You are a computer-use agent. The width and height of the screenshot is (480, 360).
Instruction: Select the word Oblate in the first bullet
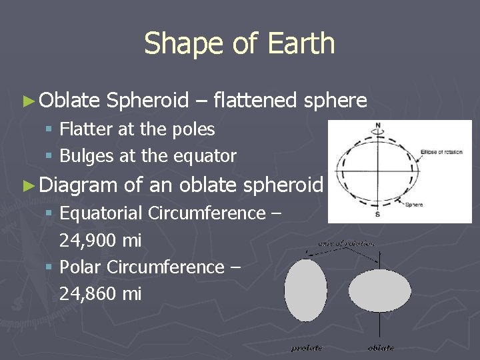pyautogui.click(x=69, y=101)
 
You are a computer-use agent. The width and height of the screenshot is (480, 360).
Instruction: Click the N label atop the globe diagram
pyautogui.click(x=378, y=125)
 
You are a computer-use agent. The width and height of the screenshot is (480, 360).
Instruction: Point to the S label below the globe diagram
pyautogui.click(x=378, y=214)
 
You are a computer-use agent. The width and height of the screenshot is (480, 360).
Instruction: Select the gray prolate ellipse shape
pyautogui.click(x=305, y=291)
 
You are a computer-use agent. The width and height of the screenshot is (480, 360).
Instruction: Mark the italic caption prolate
pyautogui.click(x=307, y=347)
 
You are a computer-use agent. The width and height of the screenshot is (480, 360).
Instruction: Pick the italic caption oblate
pyautogui.click(x=381, y=347)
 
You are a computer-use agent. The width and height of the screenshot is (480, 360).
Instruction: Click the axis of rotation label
pyautogui.click(x=346, y=244)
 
